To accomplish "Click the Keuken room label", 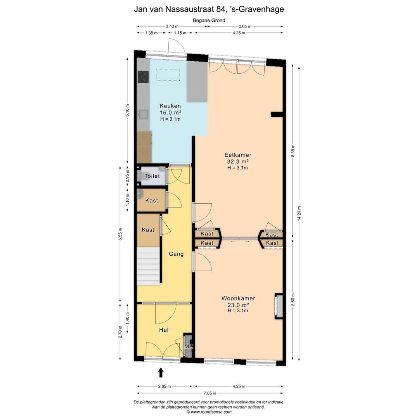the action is (170, 106).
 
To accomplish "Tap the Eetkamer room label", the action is (238, 155).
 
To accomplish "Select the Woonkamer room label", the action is (238, 298).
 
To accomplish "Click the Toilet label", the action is (152, 176).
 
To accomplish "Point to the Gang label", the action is (176, 254).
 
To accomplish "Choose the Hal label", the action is (164, 330).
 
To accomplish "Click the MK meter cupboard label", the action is (189, 346).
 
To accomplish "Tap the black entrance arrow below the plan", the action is (161, 372).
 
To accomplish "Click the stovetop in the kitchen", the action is (143, 77).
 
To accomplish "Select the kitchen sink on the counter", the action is (143, 114).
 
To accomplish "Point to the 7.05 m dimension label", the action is (209, 393).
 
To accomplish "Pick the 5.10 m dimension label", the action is (128, 110).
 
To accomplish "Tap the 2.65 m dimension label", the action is (164, 386).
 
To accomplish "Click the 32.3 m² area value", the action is (238, 161).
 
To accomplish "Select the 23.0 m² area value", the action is (238, 305).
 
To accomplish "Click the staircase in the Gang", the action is (148, 266).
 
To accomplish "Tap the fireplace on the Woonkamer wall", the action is (279, 306).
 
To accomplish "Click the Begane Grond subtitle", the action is (209, 20).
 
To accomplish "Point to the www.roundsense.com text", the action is (209, 412).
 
